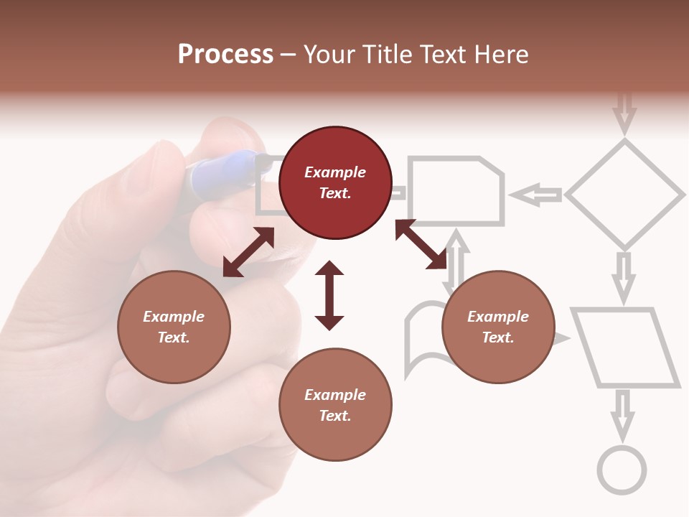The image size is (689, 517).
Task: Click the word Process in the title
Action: pos(225,54)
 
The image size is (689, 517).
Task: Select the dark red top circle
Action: pos(335,182)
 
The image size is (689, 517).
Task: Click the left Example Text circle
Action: pos(174,327)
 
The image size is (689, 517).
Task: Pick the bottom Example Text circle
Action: pos(335,405)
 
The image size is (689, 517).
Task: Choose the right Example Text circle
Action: pos(498,327)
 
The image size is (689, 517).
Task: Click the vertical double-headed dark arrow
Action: pos(329,295)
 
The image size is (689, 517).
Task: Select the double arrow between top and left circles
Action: pos(248,252)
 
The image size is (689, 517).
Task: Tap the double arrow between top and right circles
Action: pos(421,244)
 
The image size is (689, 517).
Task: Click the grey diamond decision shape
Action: pos(624,194)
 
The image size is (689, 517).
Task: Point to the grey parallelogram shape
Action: pos(625,348)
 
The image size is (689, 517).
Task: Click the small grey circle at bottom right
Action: pos(622,470)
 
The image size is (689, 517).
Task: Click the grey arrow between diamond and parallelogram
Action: pos(624,275)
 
